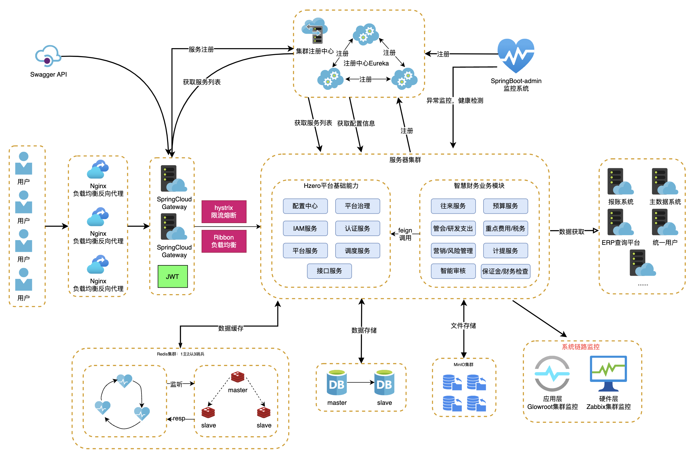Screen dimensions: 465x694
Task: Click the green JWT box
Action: [173, 277]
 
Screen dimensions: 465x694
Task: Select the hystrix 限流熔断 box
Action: [224, 211]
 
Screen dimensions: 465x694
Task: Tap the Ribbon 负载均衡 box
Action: [224, 241]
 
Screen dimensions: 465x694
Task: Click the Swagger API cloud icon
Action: [48, 56]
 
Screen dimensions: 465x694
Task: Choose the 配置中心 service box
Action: [305, 206]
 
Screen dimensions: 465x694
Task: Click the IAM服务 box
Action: [305, 228]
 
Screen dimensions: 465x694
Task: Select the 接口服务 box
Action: [329, 271]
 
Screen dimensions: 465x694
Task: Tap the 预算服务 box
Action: [505, 206]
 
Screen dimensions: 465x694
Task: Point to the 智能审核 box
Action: [453, 271]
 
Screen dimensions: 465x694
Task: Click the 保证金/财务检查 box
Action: [505, 271]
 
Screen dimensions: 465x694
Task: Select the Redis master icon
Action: [237, 377]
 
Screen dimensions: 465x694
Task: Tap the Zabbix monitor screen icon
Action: [608, 373]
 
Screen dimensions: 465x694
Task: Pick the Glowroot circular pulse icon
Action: [552, 373]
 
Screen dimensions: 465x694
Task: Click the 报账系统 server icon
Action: [620, 181]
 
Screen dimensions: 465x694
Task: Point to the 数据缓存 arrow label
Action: [231, 328]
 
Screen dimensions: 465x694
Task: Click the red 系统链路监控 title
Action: [580, 347]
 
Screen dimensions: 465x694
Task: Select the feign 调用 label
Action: [405, 234]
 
